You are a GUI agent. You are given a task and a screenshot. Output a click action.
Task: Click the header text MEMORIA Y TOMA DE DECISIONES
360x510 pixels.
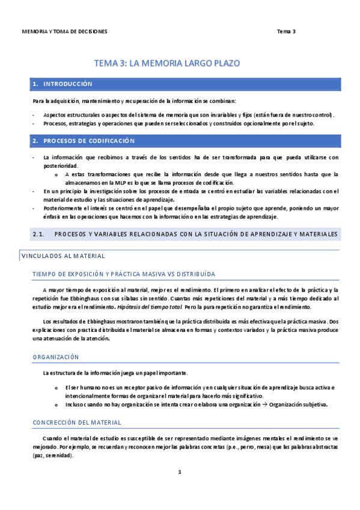[x=64, y=31]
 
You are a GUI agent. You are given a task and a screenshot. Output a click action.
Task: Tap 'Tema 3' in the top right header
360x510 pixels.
[x=286, y=31]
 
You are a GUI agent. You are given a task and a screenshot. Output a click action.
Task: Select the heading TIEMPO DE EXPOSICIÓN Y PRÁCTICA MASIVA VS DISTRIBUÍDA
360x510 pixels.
[x=124, y=274]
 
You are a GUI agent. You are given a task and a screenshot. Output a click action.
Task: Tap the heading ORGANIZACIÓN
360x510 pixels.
[x=55, y=357]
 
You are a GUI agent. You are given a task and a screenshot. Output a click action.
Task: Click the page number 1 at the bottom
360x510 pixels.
[x=180, y=472]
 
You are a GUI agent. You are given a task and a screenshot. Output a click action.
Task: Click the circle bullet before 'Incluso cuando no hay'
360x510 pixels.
[x=56, y=405]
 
